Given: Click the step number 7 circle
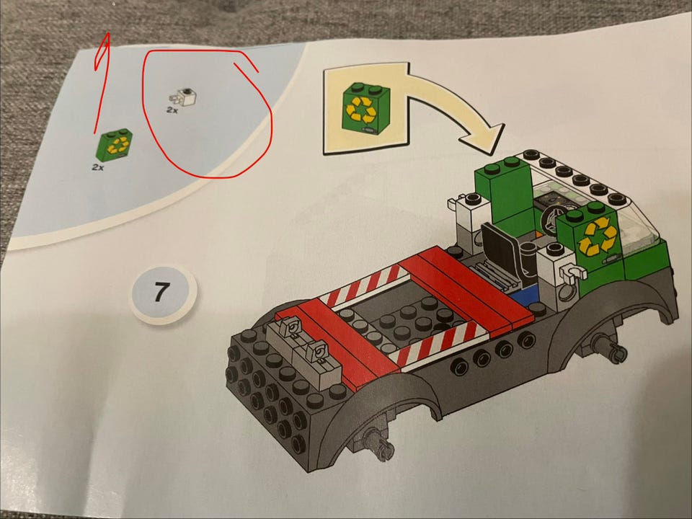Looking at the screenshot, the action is tap(163, 293).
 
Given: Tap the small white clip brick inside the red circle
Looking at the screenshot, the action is tap(184, 97).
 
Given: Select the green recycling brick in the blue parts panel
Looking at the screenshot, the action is tap(114, 145).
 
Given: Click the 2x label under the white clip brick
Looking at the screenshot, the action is tap(172, 110).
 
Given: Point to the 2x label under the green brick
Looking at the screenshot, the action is tap(98, 168).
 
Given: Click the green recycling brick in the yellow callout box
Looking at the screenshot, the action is tap(366, 108).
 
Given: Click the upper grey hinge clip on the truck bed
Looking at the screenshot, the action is tap(290, 329).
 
